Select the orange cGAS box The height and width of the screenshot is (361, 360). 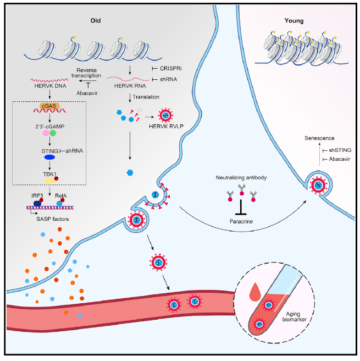tap(51, 105)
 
